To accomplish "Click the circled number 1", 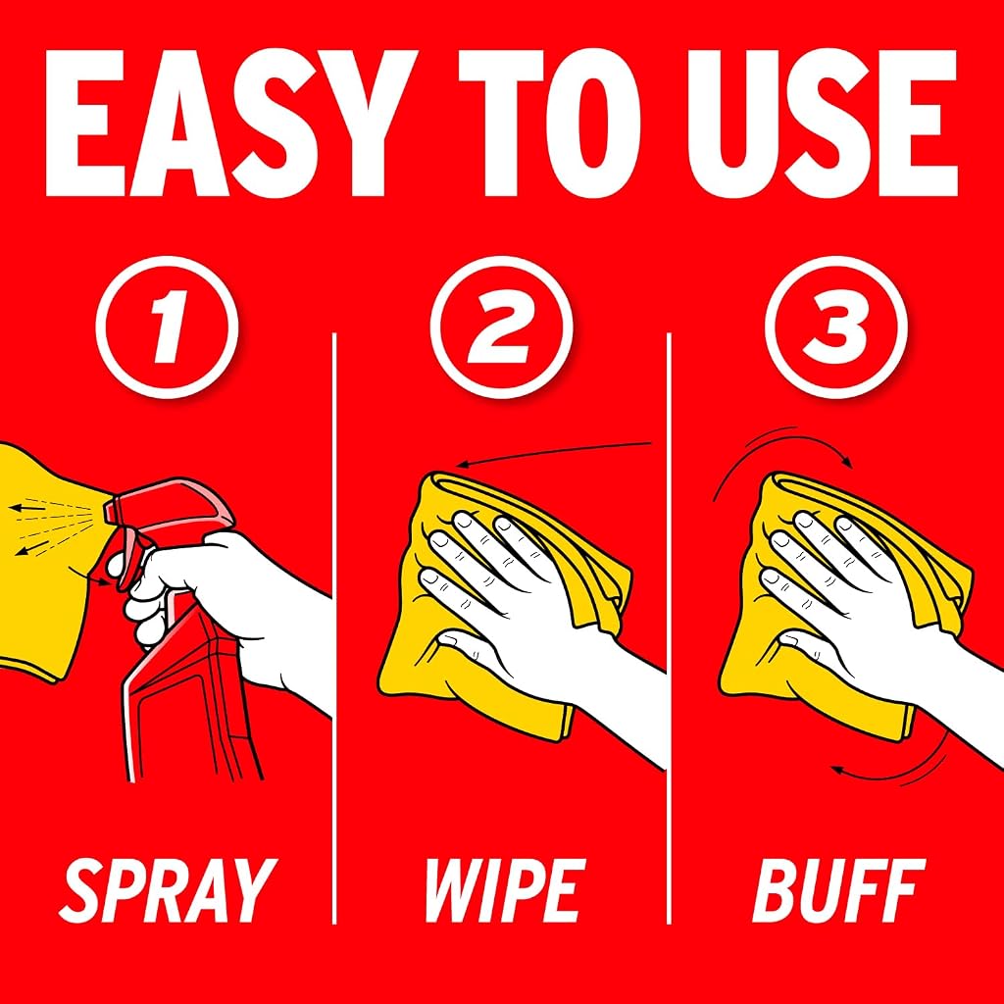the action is [x=167, y=326].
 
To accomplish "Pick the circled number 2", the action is [x=501, y=326].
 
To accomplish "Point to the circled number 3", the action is [x=836, y=326].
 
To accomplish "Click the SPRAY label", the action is [x=167, y=890].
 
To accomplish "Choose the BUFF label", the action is [x=839, y=890].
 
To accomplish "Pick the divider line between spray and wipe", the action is [x=334, y=628].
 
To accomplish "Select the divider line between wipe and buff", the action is [x=669, y=628].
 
